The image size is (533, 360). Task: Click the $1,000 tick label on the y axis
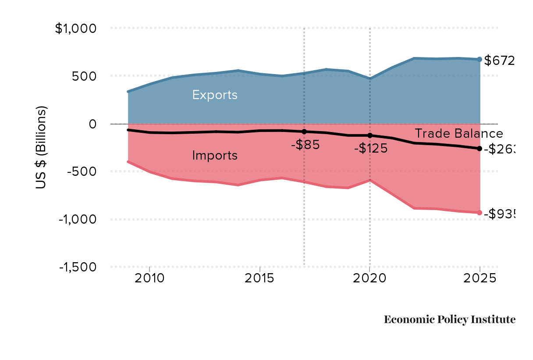click(x=75, y=29)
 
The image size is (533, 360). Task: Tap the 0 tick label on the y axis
click(x=92, y=124)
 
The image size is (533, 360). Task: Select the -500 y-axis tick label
click(x=81, y=171)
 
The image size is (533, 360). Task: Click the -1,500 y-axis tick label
click(x=77, y=267)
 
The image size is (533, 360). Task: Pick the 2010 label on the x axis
click(x=150, y=278)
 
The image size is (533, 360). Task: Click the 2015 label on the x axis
click(x=260, y=278)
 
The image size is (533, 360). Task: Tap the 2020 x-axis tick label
click(x=370, y=278)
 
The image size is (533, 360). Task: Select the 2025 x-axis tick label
click(x=480, y=278)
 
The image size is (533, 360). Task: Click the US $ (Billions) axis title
click(x=41, y=147)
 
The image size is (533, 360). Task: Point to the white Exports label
click(x=215, y=95)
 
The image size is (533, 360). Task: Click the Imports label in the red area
click(x=215, y=155)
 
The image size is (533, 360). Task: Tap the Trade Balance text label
click(x=458, y=134)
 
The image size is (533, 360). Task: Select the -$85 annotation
click(x=305, y=145)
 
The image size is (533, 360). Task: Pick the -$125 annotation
click(x=371, y=149)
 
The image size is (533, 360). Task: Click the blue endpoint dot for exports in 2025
click(x=480, y=59)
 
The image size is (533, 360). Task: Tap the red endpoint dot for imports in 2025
click(x=480, y=213)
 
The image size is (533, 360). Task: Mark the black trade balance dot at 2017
click(x=304, y=132)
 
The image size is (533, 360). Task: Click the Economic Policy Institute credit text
click(x=449, y=320)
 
